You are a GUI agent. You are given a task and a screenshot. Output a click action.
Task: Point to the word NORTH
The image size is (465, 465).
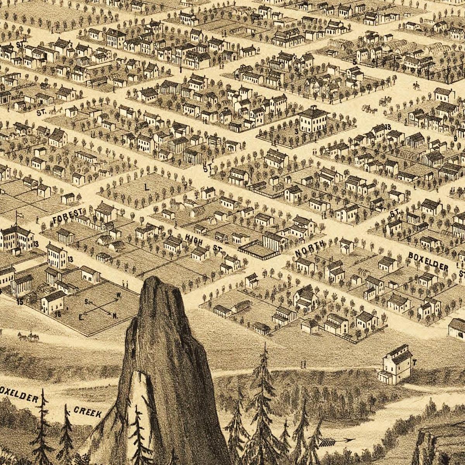310,249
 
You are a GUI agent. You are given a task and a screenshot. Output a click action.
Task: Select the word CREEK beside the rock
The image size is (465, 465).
88,412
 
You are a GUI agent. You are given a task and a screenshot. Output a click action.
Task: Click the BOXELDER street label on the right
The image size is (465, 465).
428,262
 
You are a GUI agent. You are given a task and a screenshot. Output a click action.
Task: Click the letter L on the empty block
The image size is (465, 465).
146,187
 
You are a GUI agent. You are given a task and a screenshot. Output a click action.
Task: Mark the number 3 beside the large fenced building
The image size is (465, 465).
296,131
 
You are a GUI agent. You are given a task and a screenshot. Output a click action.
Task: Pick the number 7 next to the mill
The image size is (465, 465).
414,363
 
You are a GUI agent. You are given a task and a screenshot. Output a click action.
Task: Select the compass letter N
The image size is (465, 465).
115,316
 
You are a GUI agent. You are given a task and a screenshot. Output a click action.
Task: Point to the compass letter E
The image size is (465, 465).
81,317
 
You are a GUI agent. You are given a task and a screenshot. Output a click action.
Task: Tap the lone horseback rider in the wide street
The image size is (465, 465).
416,85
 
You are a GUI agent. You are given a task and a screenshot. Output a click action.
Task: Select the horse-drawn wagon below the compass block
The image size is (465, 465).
28,337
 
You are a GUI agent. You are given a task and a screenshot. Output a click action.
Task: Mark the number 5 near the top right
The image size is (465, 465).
355,62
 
